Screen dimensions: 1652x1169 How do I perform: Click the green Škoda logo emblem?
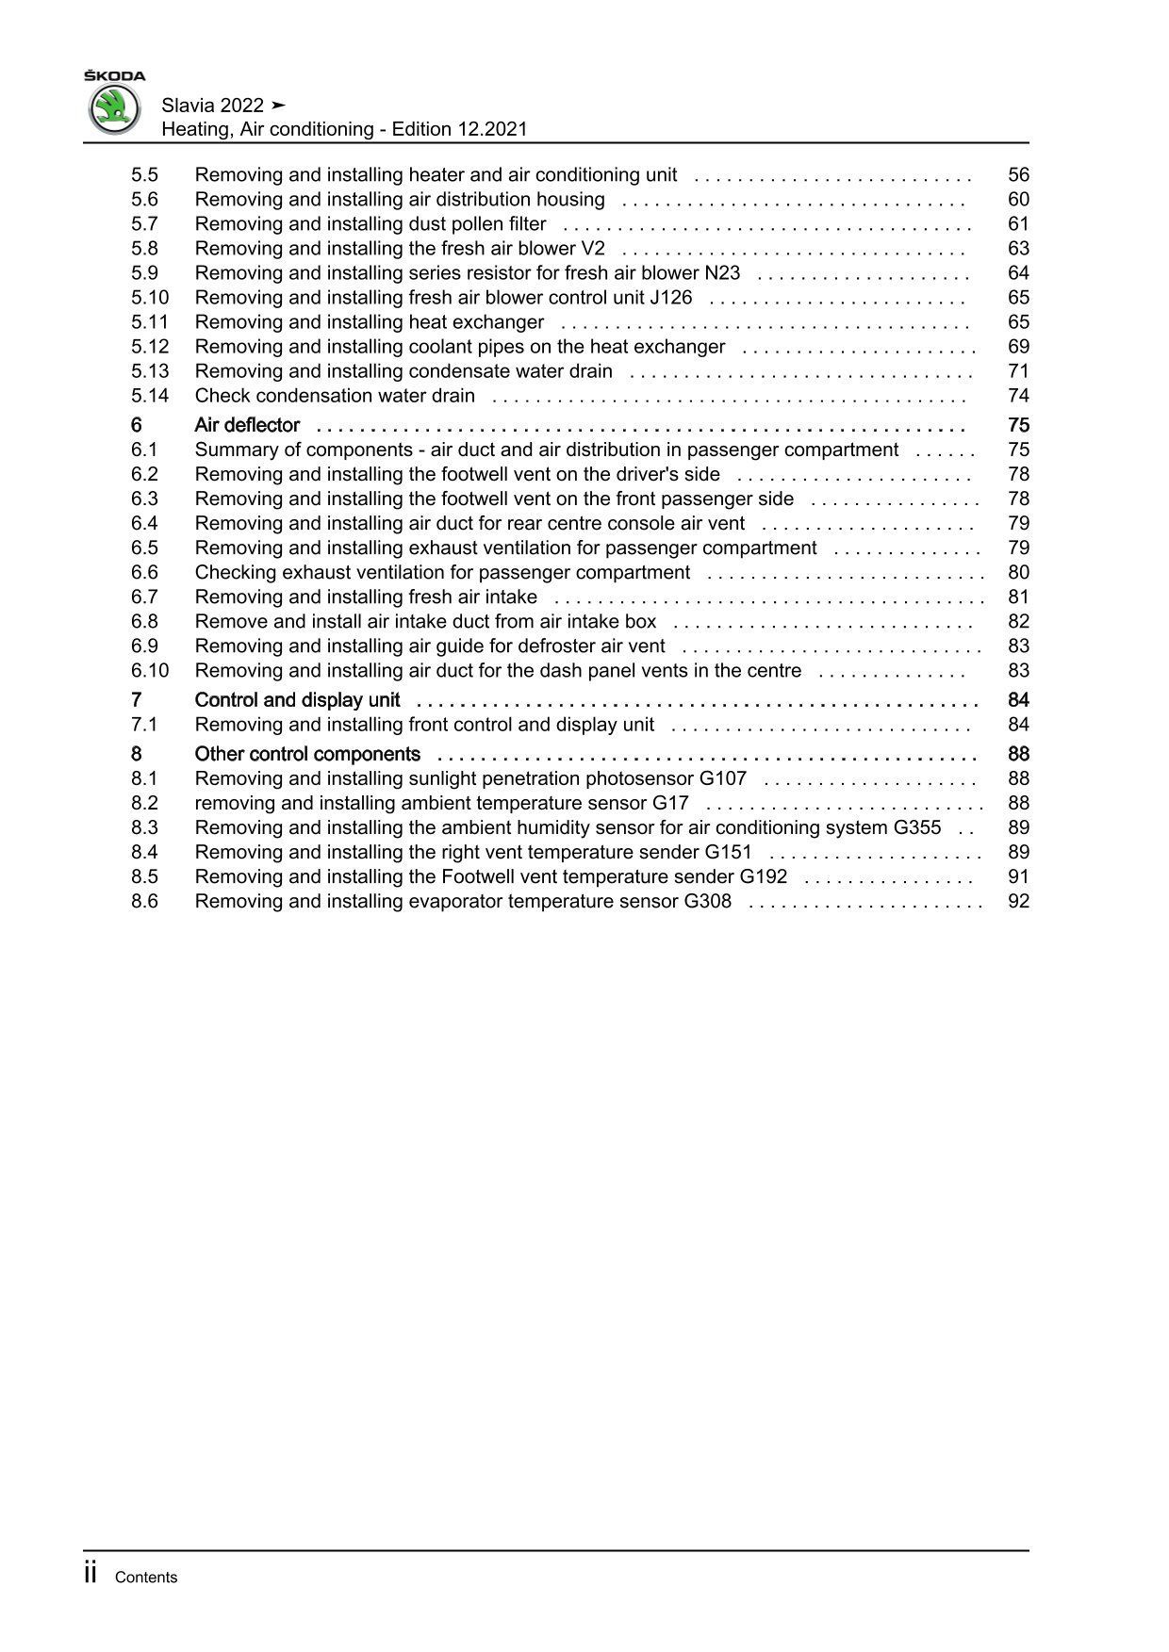point(114,108)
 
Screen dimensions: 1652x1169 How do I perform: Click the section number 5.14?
point(150,396)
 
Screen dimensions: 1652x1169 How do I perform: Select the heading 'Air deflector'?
point(247,425)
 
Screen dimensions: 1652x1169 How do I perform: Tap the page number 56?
point(1018,174)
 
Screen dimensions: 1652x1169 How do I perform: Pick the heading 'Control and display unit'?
point(297,700)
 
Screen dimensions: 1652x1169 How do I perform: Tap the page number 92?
point(1018,901)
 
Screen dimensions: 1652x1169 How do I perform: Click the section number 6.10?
point(150,671)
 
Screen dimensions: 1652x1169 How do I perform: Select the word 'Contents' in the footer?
point(145,1578)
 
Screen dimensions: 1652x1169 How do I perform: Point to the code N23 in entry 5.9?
point(722,273)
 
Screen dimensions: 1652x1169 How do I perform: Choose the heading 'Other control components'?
point(307,754)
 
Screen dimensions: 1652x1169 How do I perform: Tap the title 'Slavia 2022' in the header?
point(213,105)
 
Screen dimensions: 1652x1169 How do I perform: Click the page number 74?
point(1018,396)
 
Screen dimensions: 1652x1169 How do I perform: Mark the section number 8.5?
point(144,876)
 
